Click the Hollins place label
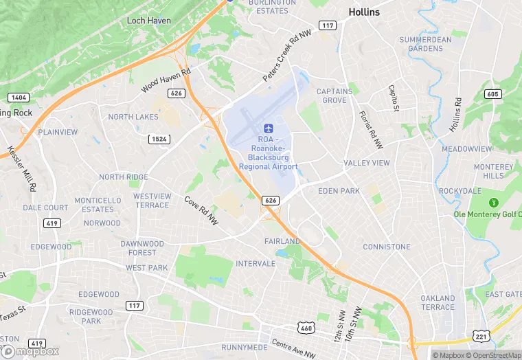(x=364, y=12)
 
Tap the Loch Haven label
(x=149, y=21)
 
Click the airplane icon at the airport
(x=269, y=128)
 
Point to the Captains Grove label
(x=334, y=95)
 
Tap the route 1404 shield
(x=20, y=98)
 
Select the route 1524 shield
(x=158, y=139)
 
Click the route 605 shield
(x=491, y=94)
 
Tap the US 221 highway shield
(x=480, y=335)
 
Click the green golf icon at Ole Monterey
(x=492, y=203)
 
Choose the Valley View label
(x=366, y=163)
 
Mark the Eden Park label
(x=339, y=190)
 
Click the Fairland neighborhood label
(x=282, y=241)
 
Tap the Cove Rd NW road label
(x=201, y=210)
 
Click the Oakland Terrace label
(x=438, y=302)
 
